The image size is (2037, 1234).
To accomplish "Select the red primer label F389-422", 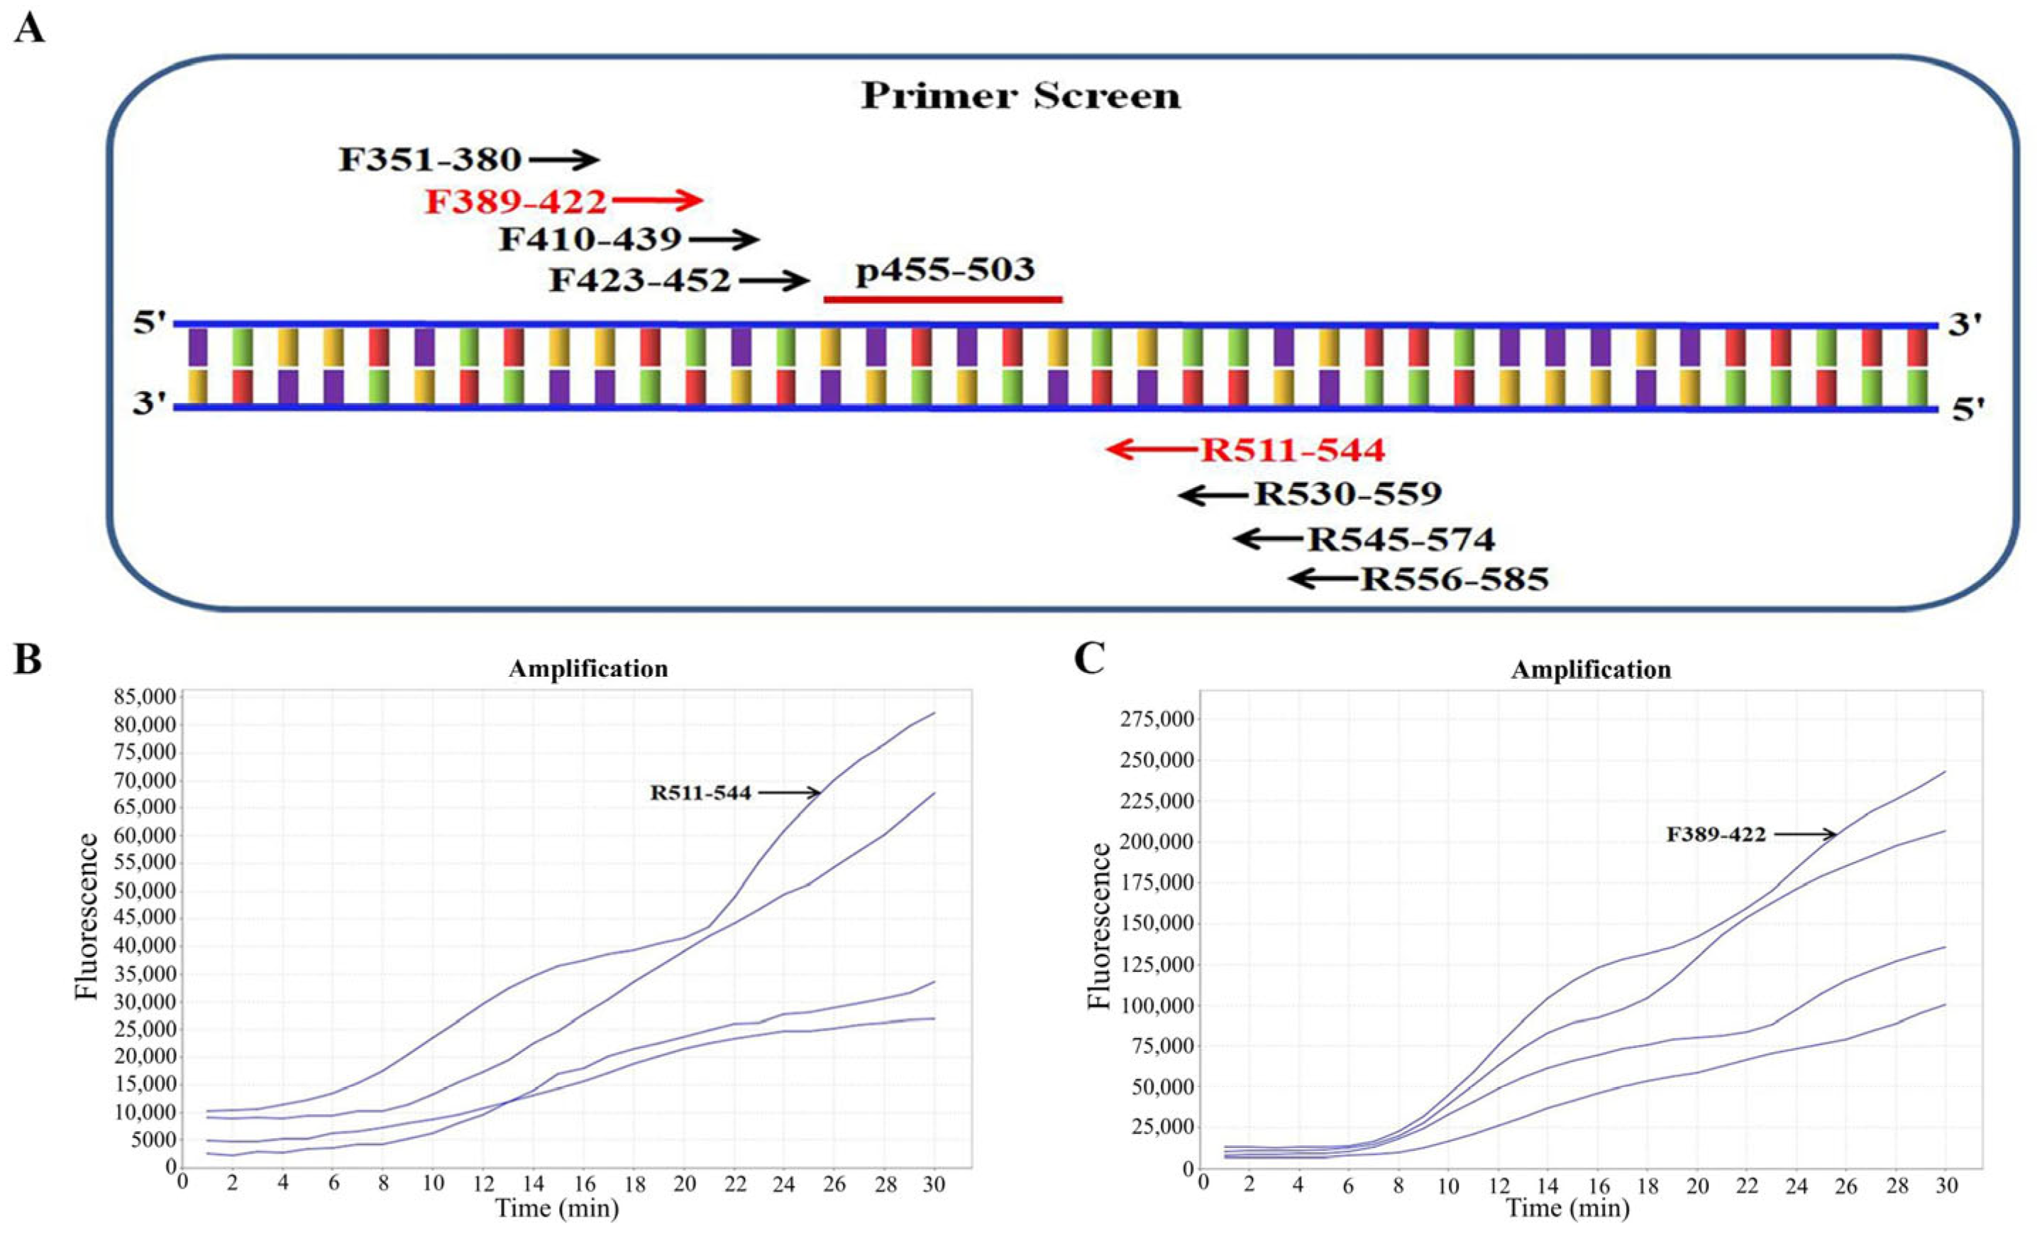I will [x=516, y=201].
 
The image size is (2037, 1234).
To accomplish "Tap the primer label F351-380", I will [x=430, y=160].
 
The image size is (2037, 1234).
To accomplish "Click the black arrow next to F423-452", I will [x=774, y=281].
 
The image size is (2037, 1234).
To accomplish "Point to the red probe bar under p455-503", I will [x=942, y=300].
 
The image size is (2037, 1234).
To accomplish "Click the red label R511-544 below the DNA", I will [x=1292, y=450].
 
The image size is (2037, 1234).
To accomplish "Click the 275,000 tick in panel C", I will [x=1155, y=719].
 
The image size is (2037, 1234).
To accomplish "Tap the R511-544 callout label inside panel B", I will [x=700, y=793].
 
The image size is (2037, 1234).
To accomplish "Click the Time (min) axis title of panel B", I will [x=556, y=1208].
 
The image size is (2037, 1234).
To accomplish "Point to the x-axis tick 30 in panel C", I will [x=1947, y=1185].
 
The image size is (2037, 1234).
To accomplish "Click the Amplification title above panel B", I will [x=587, y=668].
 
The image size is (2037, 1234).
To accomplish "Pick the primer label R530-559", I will [x=1347, y=493].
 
